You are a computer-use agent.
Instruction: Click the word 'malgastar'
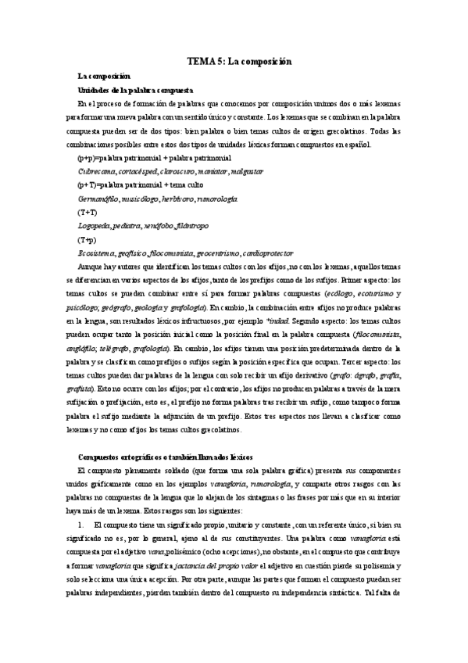pos(247,171)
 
